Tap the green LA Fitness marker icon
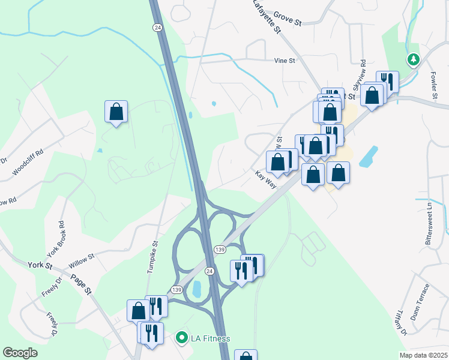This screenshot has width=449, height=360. click(181, 338)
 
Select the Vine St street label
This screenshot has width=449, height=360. click(285, 61)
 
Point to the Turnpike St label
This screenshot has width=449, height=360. click(152, 256)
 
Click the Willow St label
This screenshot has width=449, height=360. click(82, 259)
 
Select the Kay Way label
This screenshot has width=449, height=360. click(265, 179)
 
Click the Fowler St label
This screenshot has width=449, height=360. click(433, 85)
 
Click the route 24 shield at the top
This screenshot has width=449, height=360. click(157, 28)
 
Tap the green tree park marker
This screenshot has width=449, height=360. click(413, 59)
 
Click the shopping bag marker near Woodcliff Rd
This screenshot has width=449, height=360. click(116, 112)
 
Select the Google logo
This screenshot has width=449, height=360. click(20, 353)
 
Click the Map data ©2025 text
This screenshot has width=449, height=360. click(423, 355)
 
